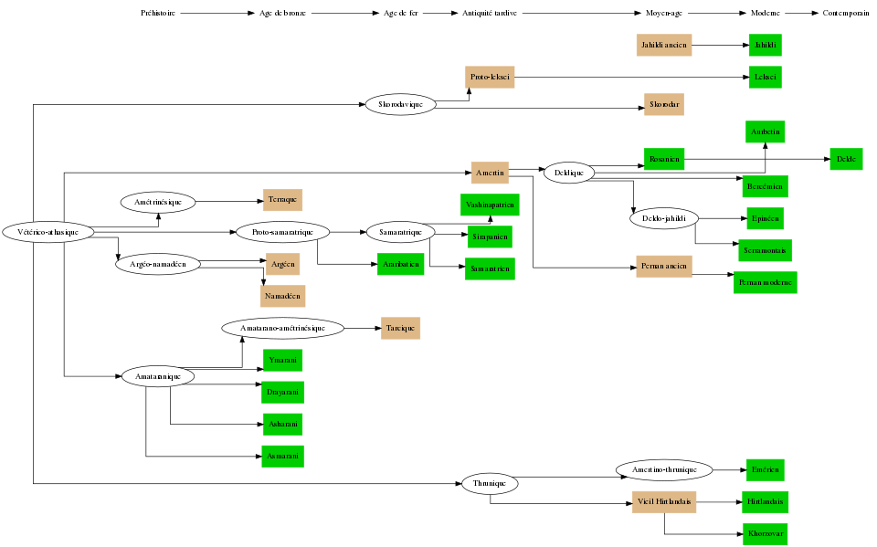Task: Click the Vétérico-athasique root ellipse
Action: click(x=48, y=232)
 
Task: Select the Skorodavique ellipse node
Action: click(x=400, y=104)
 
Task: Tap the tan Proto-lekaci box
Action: click(x=490, y=78)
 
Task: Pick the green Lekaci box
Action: click(x=765, y=78)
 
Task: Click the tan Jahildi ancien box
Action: click(x=664, y=44)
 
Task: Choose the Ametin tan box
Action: click(x=490, y=172)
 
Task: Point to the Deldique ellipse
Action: click(x=568, y=172)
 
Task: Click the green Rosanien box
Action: click(x=663, y=159)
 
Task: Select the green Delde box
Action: click(x=846, y=159)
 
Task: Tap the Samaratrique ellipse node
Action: click(x=399, y=232)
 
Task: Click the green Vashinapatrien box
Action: click(x=490, y=205)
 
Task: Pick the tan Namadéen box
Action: click(x=283, y=296)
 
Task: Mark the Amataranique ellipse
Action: click(x=157, y=376)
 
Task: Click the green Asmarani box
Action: click(x=282, y=456)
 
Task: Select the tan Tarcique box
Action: click(x=400, y=328)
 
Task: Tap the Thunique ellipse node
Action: click(x=491, y=482)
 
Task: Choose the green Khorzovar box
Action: click(x=765, y=533)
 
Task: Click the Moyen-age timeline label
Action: click(x=664, y=14)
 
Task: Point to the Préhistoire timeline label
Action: click(x=158, y=14)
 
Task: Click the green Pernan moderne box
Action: click(x=765, y=282)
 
